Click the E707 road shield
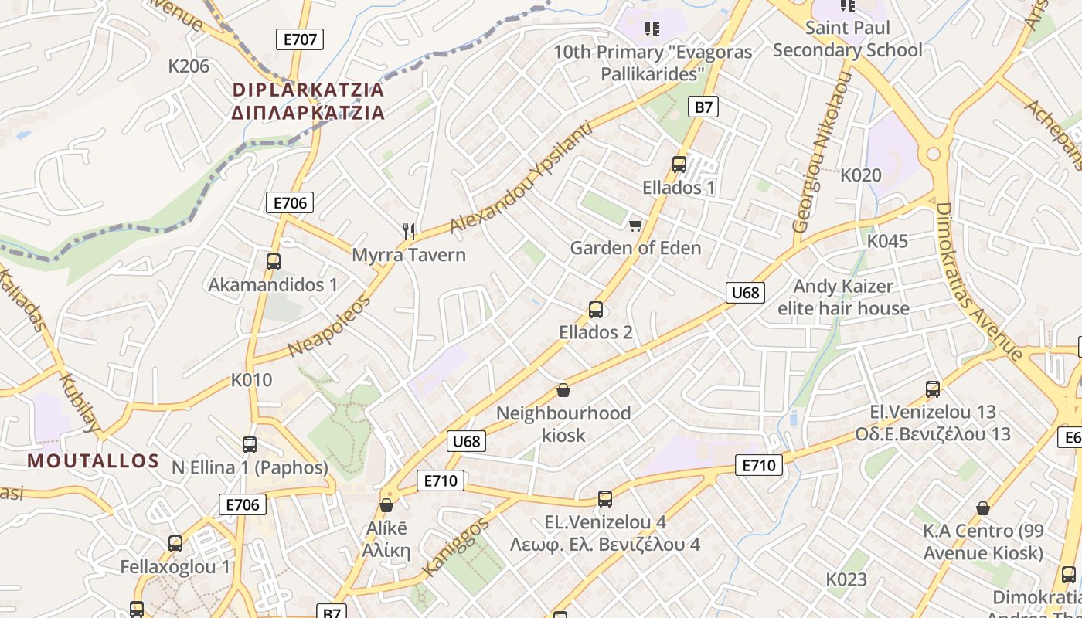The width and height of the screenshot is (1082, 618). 300,39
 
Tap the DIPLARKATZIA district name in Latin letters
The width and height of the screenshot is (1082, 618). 308,90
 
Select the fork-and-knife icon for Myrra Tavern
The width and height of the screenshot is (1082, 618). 410,230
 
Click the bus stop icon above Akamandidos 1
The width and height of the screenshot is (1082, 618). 273,262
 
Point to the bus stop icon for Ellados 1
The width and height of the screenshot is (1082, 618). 679,164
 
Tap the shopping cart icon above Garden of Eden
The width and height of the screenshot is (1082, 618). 635,225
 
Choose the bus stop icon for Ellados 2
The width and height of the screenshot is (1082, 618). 596,310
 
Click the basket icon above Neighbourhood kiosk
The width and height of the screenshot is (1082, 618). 563,390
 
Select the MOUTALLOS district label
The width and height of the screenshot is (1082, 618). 94,461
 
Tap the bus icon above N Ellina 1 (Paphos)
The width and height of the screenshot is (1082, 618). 250,445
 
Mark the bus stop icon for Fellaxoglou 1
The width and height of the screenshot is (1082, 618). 175,544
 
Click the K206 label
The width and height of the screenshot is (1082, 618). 189,66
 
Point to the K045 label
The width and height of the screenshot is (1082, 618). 887,241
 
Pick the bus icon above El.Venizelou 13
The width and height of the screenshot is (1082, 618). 933,389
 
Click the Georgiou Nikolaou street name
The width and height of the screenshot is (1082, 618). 822,152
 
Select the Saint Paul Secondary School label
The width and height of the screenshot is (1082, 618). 848,39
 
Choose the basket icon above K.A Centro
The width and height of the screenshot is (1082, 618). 983,508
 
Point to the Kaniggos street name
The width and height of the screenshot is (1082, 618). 456,548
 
